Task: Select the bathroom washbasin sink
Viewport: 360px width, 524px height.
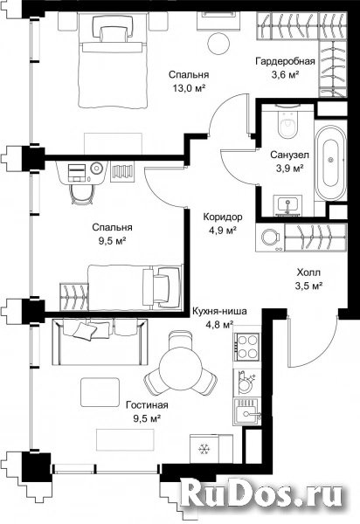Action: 287,204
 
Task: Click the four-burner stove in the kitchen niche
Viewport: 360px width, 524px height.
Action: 247,347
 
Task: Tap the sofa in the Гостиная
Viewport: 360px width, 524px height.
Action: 100,341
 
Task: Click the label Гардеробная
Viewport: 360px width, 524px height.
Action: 285,61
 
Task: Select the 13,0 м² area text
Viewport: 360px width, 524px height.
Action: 189,88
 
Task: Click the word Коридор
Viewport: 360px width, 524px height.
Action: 223,217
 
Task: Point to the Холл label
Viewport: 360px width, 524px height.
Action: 308,272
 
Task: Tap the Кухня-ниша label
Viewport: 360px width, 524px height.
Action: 219,312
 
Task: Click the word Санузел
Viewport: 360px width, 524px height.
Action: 289,155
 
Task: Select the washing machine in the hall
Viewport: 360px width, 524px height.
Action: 270,238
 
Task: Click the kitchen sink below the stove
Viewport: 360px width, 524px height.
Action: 247,413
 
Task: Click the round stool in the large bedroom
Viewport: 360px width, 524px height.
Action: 218,45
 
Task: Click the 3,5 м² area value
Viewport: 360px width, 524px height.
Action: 308,286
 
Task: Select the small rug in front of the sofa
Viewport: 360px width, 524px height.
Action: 100,392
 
